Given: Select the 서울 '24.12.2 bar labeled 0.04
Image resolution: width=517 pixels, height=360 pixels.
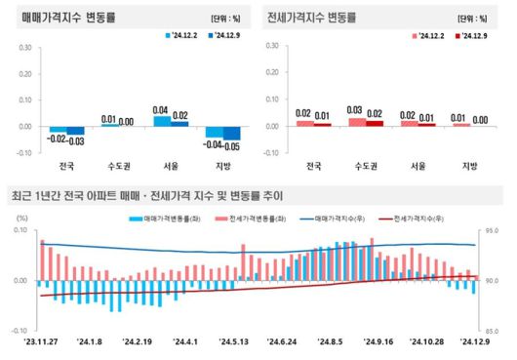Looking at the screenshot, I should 162,121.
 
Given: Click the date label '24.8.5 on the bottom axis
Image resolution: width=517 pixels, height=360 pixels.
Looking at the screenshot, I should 329,341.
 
